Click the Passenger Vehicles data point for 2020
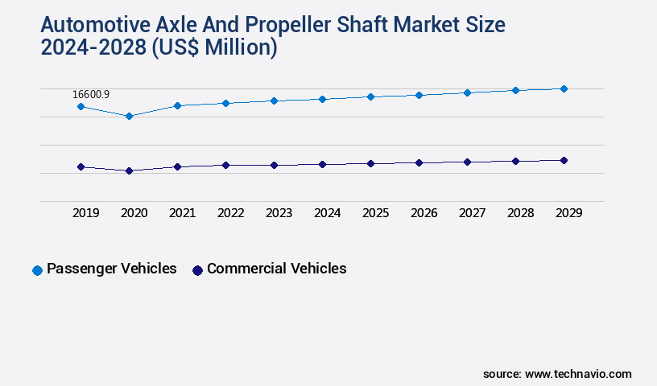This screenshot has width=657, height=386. pyautogui.click(x=129, y=116)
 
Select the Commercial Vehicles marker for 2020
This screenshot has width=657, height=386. pyautogui.click(x=129, y=170)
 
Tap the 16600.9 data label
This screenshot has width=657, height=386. pyautogui.click(x=91, y=94)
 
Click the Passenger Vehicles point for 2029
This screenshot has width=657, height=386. pyautogui.click(x=564, y=88)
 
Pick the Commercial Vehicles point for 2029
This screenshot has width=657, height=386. pyautogui.click(x=564, y=160)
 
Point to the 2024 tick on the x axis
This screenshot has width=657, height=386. pyautogui.click(x=328, y=213)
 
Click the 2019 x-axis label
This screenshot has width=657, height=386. pyautogui.click(x=86, y=213)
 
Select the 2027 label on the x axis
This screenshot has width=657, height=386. pyautogui.click(x=473, y=213)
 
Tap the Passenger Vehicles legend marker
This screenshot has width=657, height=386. pyautogui.click(x=37, y=270)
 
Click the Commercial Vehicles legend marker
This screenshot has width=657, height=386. pyautogui.click(x=197, y=270)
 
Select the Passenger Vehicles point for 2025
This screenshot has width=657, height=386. pyautogui.click(x=370, y=96)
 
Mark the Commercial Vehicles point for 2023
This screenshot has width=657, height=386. pyautogui.click(x=274, y=165)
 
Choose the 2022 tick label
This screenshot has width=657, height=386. pyautogui.click(x=231, y=213)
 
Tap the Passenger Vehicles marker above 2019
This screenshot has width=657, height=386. pyautogui.click(x=81, y=106)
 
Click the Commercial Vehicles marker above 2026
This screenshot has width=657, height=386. pyautogui.click(x=419, y=162)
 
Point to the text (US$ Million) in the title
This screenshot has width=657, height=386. pyautogui.click(x=215, y=47)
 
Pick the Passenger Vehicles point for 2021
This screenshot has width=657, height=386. pyautogui.click(x=177, y=105)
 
